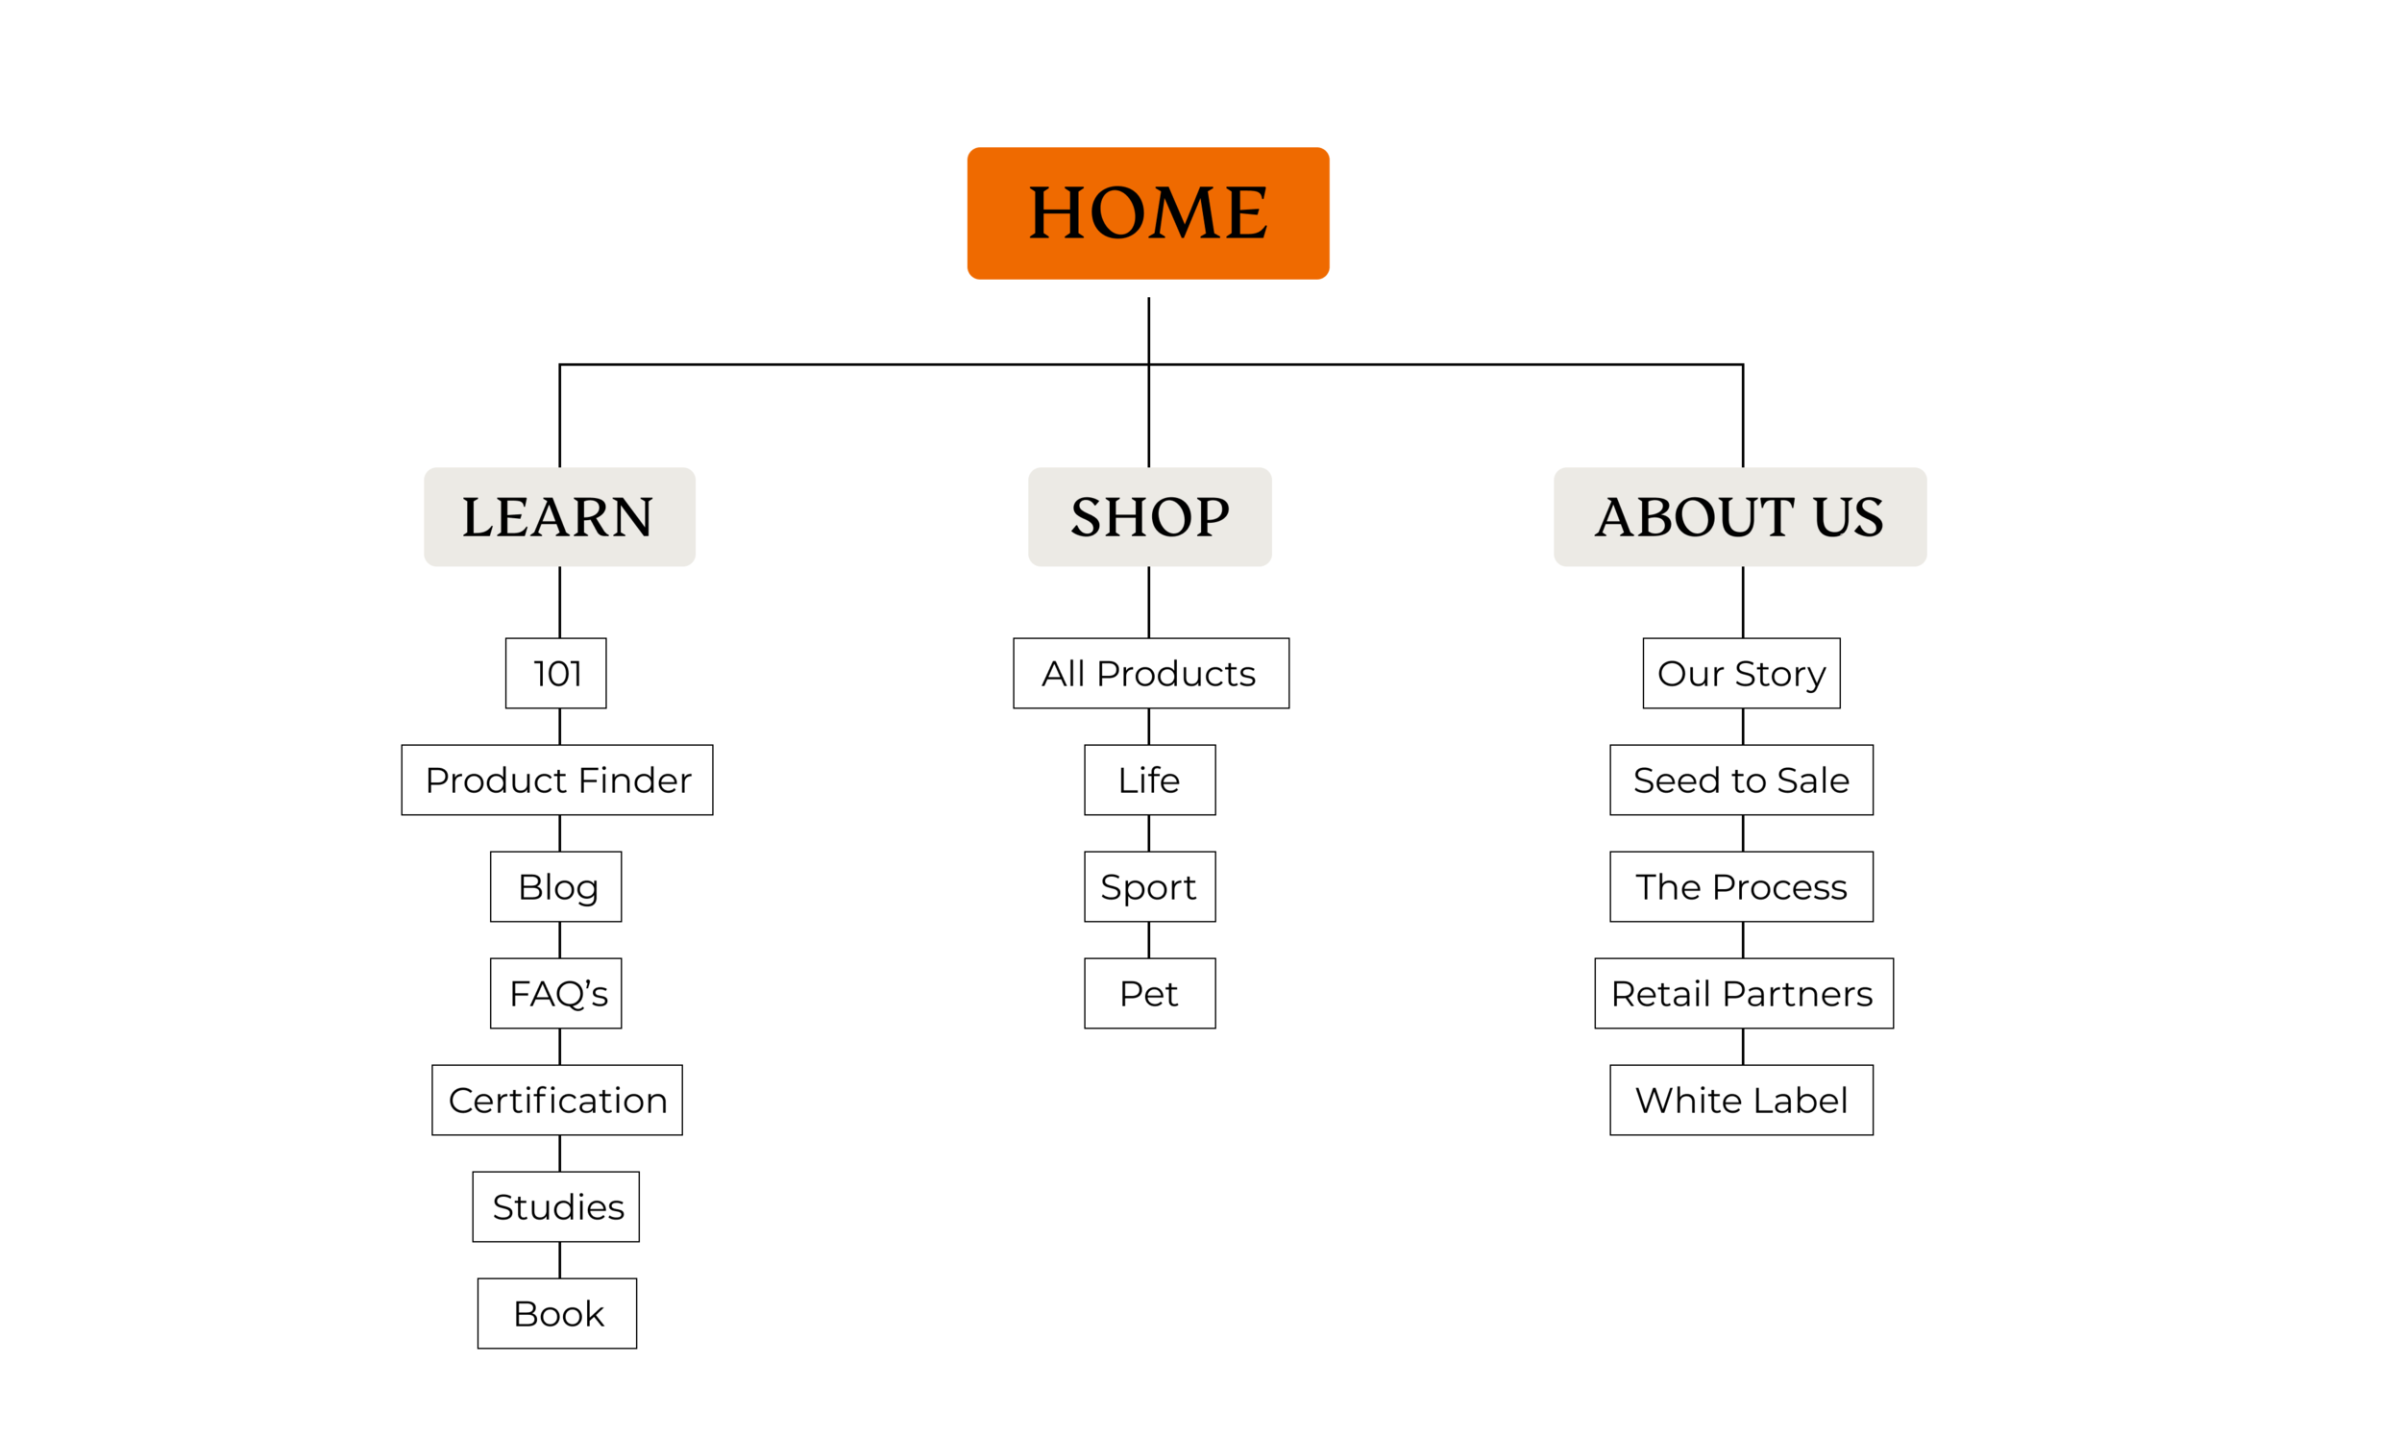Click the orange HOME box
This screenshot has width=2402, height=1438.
tap(1148, 213)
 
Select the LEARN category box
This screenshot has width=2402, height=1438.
tap(560, 516)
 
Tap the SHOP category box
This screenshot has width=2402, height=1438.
tap(1150, 516)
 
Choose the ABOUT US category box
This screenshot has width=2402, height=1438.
tap(1740, 516)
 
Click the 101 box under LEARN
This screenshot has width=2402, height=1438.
tap(556, 674)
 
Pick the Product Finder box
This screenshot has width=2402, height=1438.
tap(557, 781)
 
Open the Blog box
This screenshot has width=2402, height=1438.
tap(556, 886)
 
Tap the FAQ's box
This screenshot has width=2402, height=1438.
tap(556, 993)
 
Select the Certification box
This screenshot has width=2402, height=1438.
tap(557, 1100)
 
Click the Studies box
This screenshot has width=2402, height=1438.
tap(556, 1206)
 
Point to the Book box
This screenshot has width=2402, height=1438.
tap(557, 1313)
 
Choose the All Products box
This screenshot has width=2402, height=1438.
tap(1151, 674)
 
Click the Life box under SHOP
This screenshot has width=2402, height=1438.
tap(1150, 781)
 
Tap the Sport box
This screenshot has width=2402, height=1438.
tap(1150, 886)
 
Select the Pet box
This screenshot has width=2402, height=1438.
tap(1150, 993)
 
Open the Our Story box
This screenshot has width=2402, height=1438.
tap(1741, 674)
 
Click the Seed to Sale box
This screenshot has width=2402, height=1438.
tap(1741, 781)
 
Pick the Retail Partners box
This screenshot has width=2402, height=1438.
tap(1744, 993)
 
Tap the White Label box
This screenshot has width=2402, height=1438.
tap(1741, 1100)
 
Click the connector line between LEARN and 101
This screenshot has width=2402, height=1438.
tap(560, 602)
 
